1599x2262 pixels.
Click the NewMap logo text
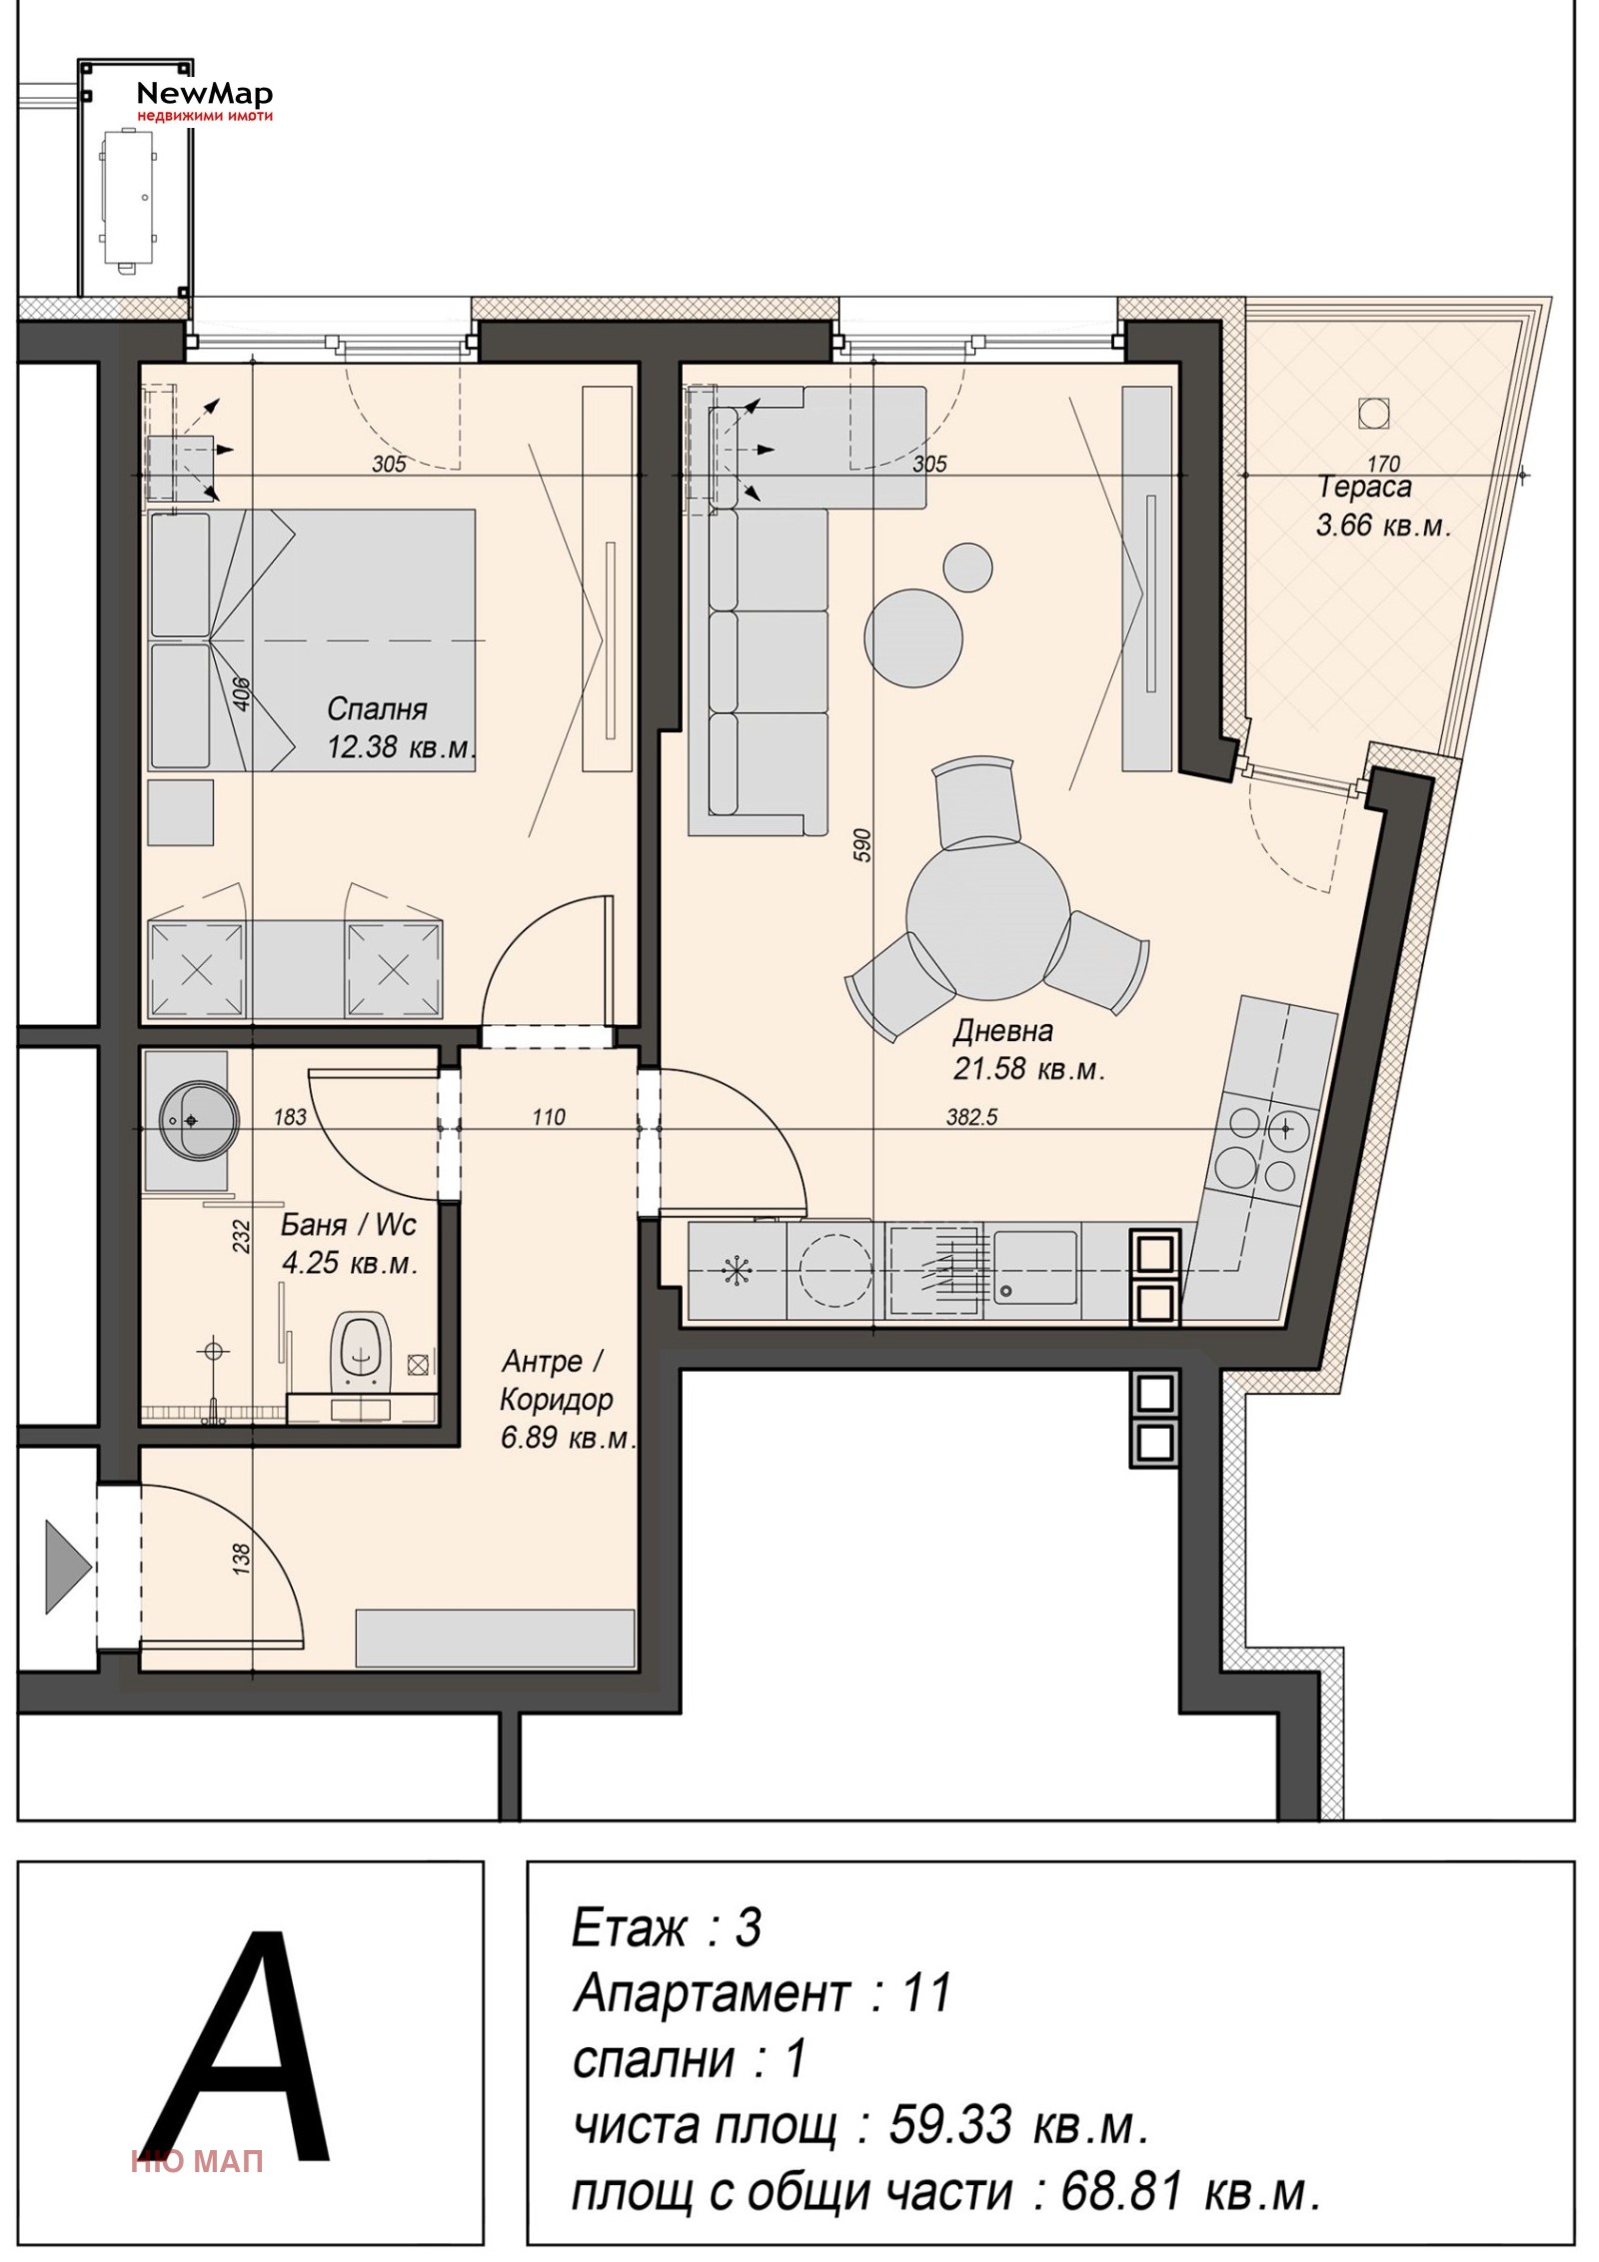click(204, 95)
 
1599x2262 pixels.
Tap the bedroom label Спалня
click(377, 709)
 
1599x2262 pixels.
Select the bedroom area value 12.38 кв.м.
click(400, 747)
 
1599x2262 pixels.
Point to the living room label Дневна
click(1002, 1031)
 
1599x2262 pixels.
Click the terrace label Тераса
click(1365, 488)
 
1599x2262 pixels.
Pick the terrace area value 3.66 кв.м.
click(1382, 526)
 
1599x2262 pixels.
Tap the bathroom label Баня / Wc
click(349, 1225)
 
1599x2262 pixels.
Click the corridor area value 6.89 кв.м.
click(568, 1439)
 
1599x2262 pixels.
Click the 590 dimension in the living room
click(863, 845)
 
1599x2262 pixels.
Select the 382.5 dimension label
click(971, 1117)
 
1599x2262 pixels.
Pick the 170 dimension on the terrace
click(1383, 464)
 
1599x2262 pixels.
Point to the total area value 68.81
click(1121, 2192)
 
